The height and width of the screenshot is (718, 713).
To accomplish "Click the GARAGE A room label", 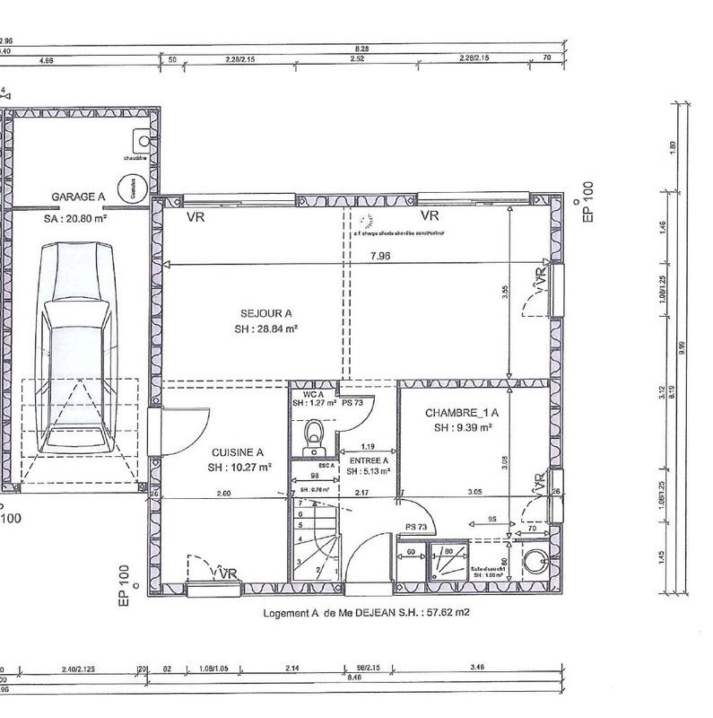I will [x=78, y=197].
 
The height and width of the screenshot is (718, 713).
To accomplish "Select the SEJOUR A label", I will [x=265, y=314].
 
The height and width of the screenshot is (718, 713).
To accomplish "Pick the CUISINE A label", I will [x=237, y=453].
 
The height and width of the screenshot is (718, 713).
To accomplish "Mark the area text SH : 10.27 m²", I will [x=239, y=468].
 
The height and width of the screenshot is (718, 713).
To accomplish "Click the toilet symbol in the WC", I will [x=314, y=433].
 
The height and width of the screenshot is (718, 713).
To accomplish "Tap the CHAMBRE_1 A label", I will [x=461, y=413].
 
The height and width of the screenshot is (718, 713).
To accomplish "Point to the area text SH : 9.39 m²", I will [x=463, y=428].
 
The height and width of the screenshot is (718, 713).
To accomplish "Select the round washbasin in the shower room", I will [x=536, y=561].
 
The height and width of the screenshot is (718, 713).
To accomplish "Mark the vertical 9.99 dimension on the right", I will [x=683, y=346].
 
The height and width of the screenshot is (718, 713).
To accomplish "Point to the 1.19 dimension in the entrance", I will [x=367, y=446].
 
